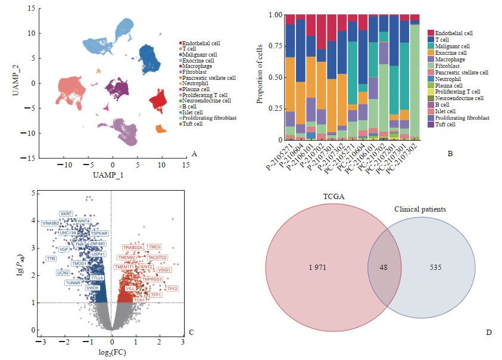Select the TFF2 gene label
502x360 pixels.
[173, 288]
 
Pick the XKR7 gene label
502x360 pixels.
[66, 213]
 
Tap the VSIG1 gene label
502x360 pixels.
[164, 269]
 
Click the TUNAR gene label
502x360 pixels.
[73, 282]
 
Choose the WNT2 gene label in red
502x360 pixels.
[146, 250]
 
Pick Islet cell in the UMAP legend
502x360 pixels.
[195, 111]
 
